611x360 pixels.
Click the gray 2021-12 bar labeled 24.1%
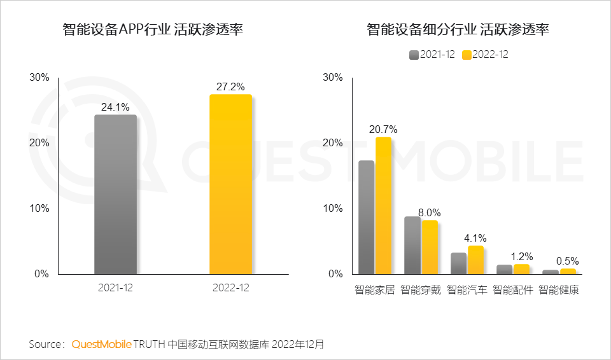pos(115,195)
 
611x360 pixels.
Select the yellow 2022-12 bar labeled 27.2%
pos(230,184)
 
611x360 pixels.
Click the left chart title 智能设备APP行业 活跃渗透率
pos(153,30)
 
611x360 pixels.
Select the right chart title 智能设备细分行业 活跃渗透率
pos(458,30)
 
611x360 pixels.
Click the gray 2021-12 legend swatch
pos(414,55)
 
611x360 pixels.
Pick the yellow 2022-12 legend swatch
pos(467,55)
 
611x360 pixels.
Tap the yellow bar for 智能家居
pos(384,205)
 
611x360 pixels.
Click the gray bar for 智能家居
pos(367,217)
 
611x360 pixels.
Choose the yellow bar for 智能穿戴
pos(430,247)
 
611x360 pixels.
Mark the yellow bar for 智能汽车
pos(475,260)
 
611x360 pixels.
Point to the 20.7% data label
pos(383,129)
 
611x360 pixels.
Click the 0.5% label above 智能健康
pos(567,261)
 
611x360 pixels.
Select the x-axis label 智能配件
pos(513,290)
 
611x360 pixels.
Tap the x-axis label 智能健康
pos(559,290)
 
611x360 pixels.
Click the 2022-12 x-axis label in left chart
pos(230,288)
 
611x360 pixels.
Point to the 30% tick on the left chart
pos(39,78)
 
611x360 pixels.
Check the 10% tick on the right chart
pos(333,209)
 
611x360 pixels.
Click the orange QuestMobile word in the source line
pos(101,344)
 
